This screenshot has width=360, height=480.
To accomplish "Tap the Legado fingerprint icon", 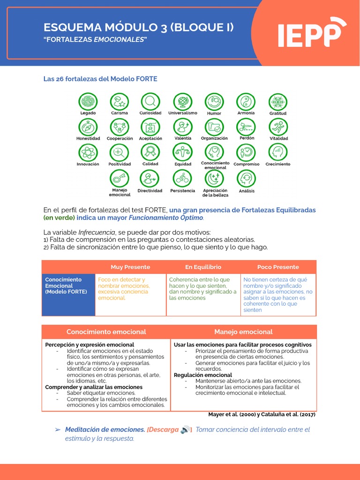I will [88, 102].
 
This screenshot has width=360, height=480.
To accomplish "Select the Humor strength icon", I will [214, 102].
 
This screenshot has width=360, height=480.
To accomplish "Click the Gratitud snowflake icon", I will [277, 102].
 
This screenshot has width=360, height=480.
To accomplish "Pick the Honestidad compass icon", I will [88, 127].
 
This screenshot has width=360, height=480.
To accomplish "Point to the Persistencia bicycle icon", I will [182, 178].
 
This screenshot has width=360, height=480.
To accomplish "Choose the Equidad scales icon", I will [182, 152].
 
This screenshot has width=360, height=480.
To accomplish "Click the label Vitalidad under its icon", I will [278, 138].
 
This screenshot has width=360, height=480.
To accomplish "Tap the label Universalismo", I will [183, 113].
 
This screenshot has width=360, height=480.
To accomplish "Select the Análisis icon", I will [246, 178].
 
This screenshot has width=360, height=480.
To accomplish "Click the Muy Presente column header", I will [130, 267].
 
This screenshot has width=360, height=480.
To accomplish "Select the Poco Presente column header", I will [278, 267].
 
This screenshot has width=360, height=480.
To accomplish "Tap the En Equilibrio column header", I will [203, 267].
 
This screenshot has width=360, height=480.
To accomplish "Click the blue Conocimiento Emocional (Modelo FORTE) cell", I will [68, 294].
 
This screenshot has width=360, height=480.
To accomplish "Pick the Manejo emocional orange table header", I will [243, 332].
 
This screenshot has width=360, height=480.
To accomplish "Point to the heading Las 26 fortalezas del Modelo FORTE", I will [100, 79].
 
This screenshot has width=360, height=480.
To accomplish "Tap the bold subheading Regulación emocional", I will [203, 375].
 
